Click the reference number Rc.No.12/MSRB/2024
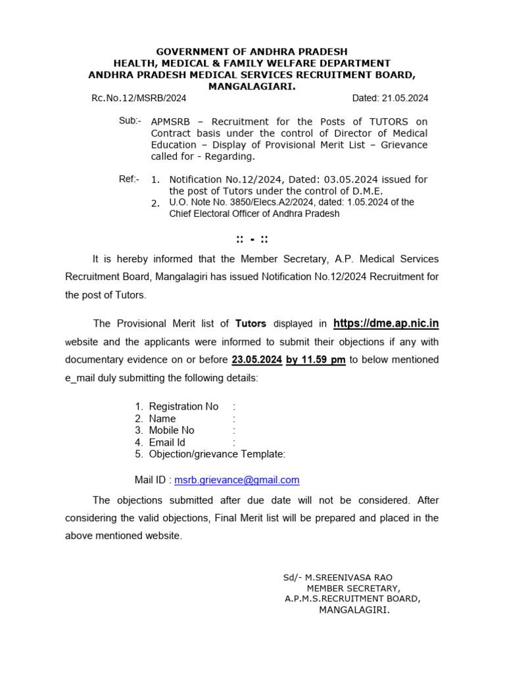point(139,98)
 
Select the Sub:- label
point(129,120)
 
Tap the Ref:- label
point(129,178)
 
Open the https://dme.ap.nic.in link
point(386,323)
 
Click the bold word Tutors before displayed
point(251,323)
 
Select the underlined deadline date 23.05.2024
point(256,360)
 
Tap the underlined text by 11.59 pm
point(316,360)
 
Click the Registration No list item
point(183,407)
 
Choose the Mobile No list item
point(172,430)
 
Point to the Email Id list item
point(167,442)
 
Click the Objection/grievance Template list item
point(217,454)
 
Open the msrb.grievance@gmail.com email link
point(237,480)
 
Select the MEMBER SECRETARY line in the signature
point(353,588)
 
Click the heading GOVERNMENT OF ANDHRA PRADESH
point(252,51)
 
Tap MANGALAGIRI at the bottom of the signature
point(354,610)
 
